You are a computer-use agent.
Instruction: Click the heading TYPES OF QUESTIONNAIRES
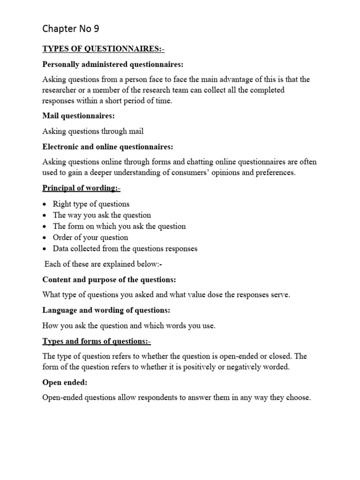(104, 49)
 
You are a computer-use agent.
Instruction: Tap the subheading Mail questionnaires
(79, 116)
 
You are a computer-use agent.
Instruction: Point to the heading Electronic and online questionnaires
(108, 147)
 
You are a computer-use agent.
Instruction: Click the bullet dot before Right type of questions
(44, 204)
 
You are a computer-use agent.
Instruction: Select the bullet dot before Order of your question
(44, 238)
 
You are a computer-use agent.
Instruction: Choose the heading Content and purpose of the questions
(109, 279)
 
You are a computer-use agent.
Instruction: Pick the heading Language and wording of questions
(106, 310)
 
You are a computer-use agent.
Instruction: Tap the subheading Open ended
(65, 382)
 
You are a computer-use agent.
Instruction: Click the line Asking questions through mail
(93, 131)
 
